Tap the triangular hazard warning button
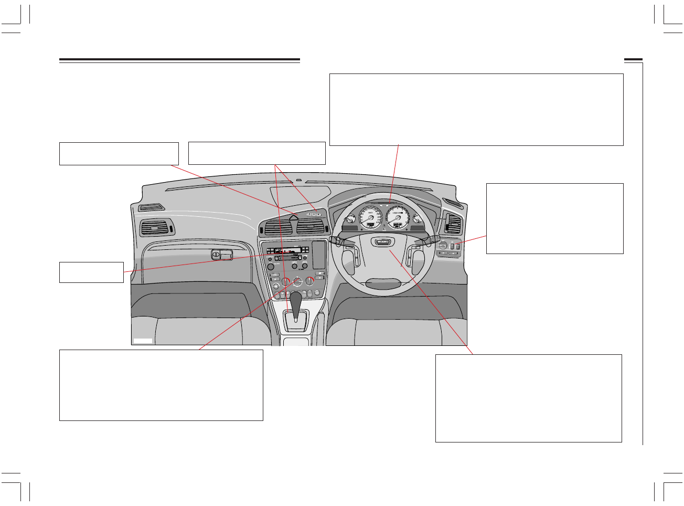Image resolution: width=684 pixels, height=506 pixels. [x=294, y=217]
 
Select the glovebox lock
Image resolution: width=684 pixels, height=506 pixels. [x=216, y=255]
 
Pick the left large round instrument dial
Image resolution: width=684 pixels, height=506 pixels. [x=370, y=218]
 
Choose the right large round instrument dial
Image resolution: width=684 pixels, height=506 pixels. [x=397, y=217]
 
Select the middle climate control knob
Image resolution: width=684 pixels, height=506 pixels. [x=297, y=281]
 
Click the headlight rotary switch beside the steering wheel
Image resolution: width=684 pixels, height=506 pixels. [x=443, y=245]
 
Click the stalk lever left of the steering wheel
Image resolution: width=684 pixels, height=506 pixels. [x=337, y=240]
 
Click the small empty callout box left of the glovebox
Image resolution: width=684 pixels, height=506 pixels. [x=91, y=272]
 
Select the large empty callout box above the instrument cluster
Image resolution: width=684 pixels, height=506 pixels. [x=476, y=109]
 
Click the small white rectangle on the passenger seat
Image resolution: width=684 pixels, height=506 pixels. [x=142, y=341]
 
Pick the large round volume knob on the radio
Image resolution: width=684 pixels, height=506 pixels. [x=270, y=267]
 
